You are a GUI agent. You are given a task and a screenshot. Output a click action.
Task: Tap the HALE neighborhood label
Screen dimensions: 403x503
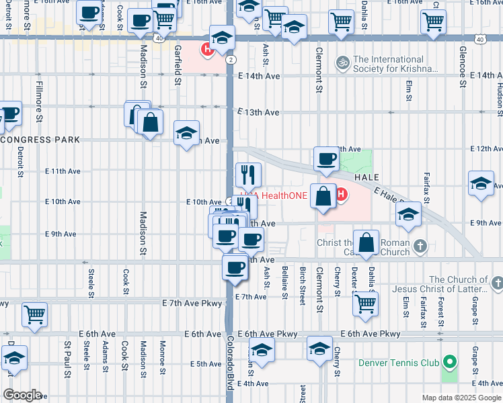click(x=367, y=177)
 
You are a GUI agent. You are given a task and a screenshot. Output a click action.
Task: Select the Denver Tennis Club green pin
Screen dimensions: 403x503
click(x=449, y=363)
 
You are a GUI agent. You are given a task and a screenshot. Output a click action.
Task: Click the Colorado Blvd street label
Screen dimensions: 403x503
click(x=229, y=363)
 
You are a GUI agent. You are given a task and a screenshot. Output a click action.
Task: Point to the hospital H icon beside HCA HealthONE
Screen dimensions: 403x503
click(x=341, y=195)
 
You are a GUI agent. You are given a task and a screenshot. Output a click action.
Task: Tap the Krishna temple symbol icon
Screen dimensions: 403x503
click(x=343, y=62)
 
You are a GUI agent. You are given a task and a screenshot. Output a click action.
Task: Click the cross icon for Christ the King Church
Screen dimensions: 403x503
click(x=420, y=246)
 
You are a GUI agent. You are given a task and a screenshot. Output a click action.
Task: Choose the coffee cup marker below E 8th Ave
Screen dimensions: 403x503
click(x=235, y=268)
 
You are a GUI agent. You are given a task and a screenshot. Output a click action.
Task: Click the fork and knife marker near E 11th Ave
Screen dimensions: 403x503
click(x=248, y=175)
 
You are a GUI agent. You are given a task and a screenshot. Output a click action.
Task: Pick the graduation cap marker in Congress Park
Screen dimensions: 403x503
click(x=186, y=132)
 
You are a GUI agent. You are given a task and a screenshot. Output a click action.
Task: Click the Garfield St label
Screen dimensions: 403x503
click(x=178, y=66)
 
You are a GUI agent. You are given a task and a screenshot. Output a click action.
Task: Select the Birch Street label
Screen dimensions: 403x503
click(x=303, y=285)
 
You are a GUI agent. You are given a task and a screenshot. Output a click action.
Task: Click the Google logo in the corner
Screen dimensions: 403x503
click(x=22, y=395)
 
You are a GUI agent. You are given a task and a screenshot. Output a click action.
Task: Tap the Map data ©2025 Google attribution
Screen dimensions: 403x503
click(x=461, y=398)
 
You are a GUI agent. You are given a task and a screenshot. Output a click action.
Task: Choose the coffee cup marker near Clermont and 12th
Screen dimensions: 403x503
click(x=326, y=159)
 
